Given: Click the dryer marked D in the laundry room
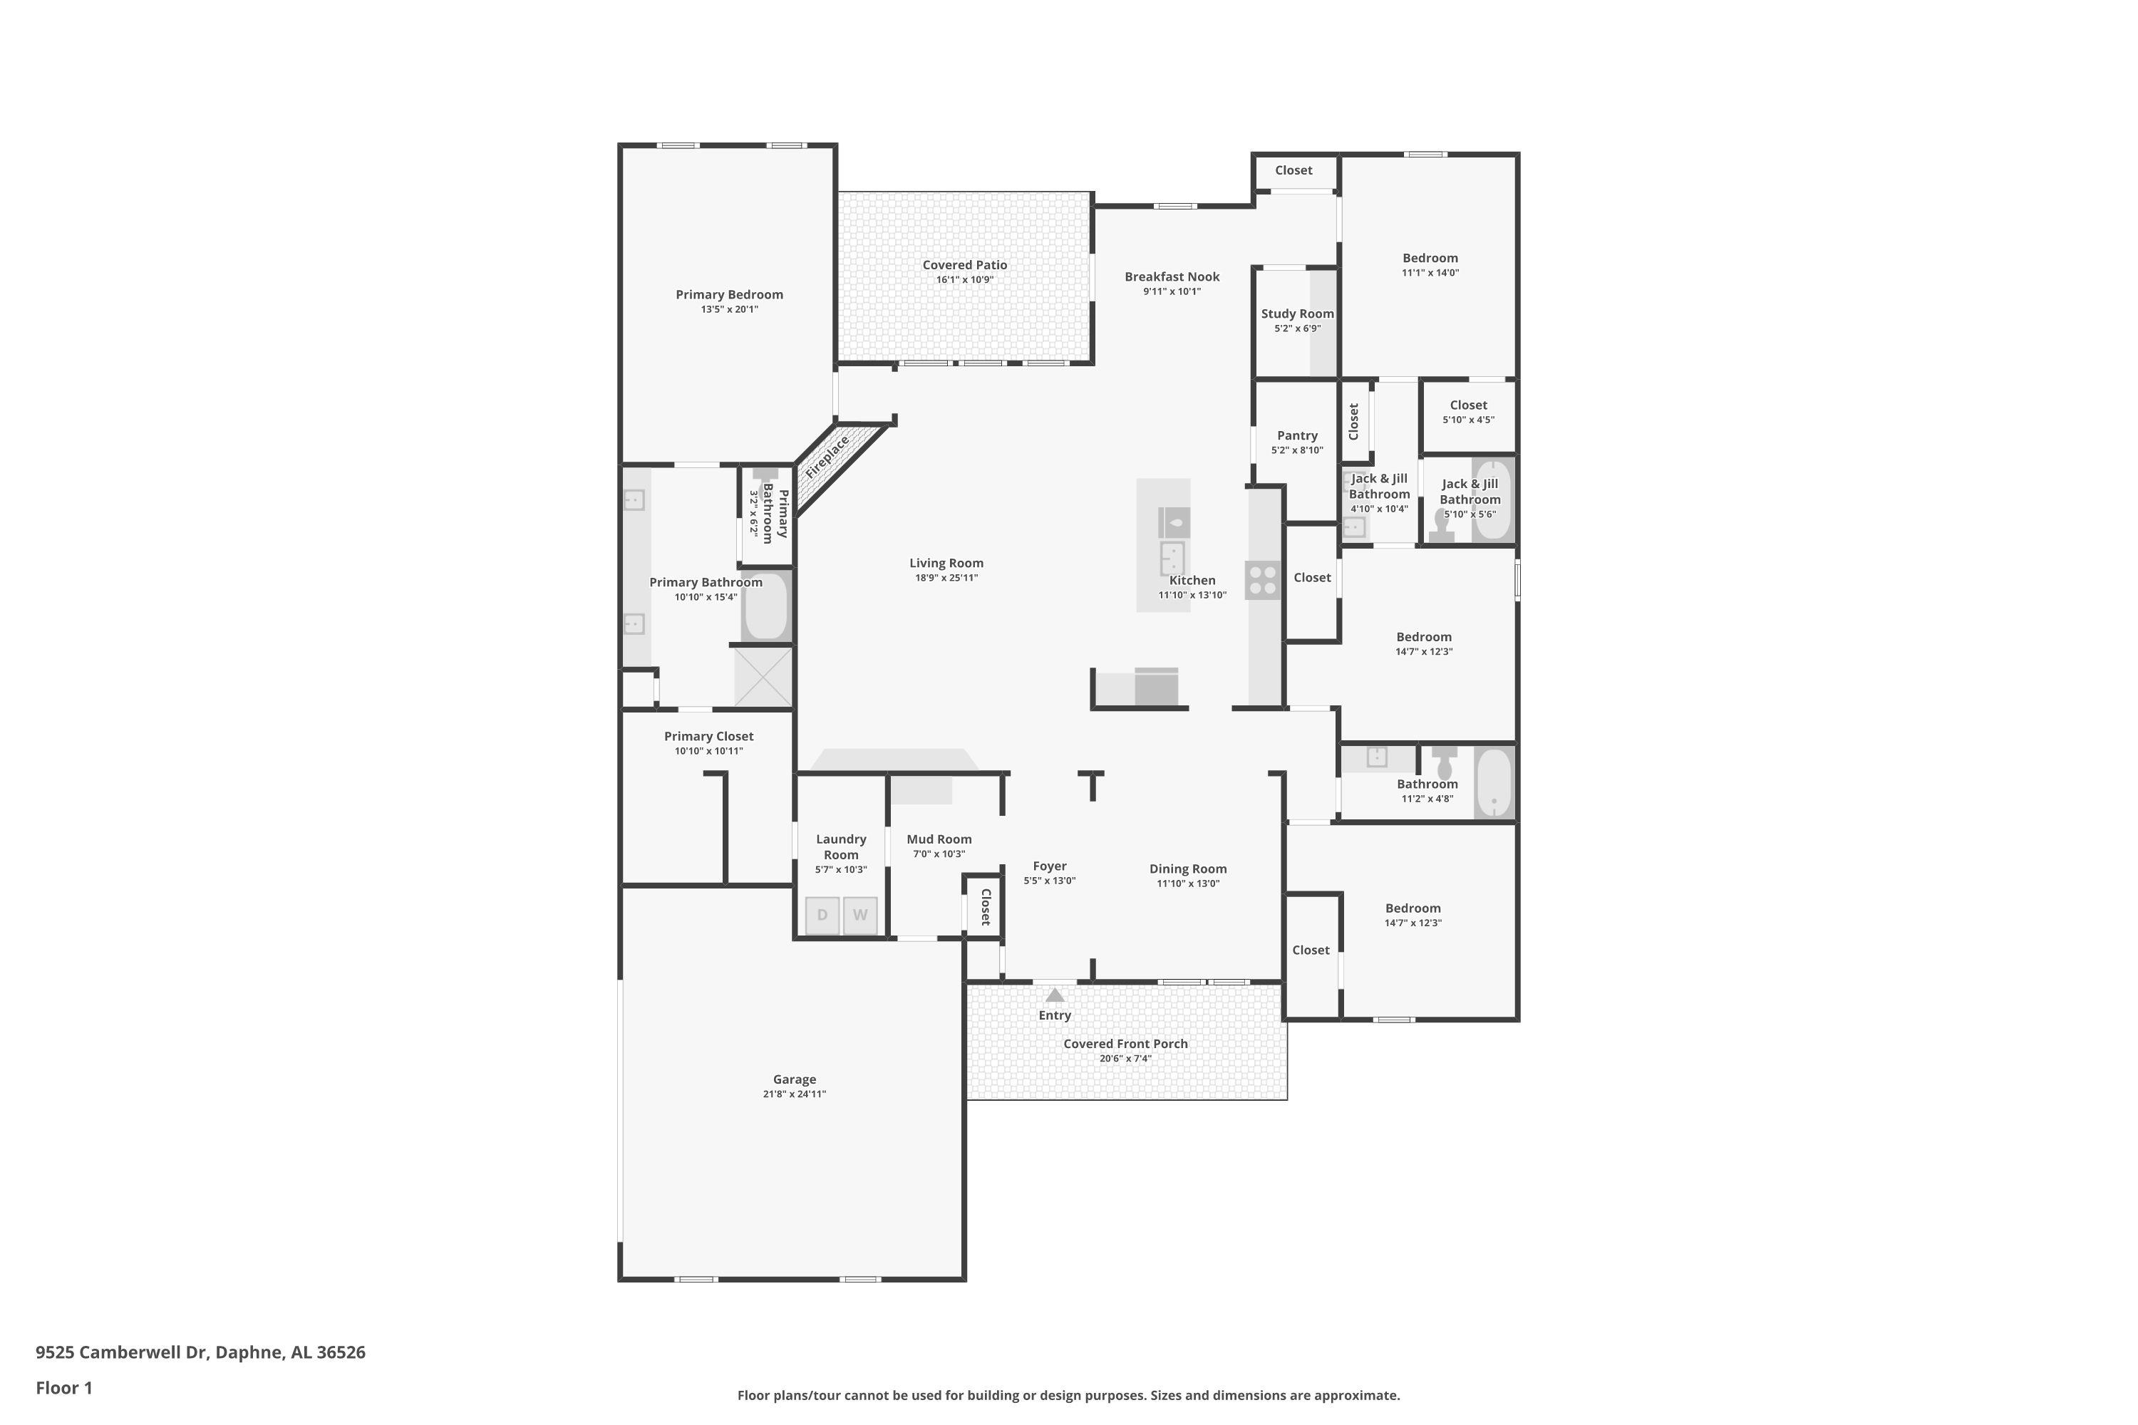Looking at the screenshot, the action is [822, 915].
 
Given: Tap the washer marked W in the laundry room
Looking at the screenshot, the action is [860, 915].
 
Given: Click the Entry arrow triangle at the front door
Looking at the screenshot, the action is [1055, 995].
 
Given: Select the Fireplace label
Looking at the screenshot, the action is [827, 457].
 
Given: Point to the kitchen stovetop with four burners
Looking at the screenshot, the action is [1263, 581].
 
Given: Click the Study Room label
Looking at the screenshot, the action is [1297, 313].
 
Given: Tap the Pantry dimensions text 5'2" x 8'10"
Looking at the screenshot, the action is [1297, 450].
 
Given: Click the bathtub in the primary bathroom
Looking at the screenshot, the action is [766, 606].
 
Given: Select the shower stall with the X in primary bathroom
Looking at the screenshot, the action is [763, 676].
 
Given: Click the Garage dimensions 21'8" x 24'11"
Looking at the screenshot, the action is [795, 1094].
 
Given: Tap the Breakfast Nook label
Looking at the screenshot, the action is [1172, 277].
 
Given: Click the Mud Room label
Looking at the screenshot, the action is [939, 840].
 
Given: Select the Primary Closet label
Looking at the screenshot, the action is [708, 736].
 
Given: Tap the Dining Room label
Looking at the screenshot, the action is [1188, 869].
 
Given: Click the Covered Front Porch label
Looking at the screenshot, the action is [1125, 1045].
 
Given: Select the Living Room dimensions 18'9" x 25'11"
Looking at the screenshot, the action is [946, 578].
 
